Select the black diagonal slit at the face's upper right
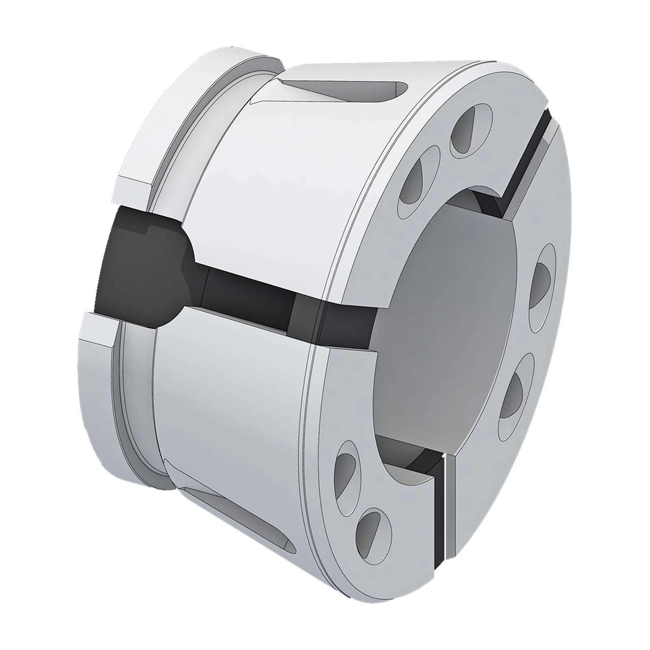[x=528, y=162]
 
